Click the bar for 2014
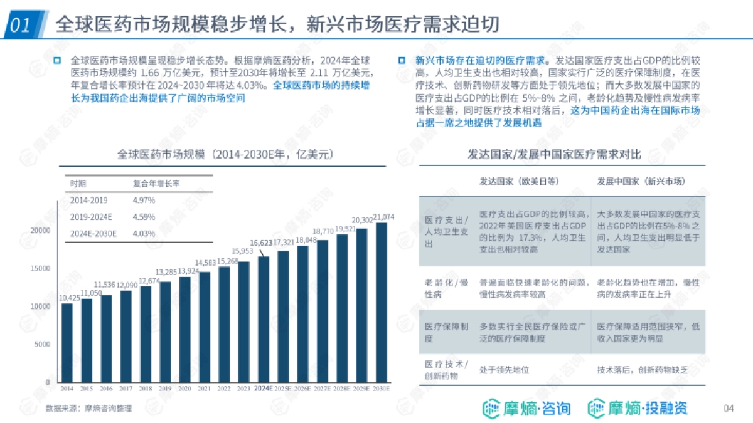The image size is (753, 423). coord(67,343)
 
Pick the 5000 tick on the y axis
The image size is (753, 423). coord(43,344)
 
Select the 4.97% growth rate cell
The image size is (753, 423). coord(144,200)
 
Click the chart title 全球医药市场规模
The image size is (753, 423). coord(223,154)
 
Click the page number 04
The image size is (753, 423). coord(729,409)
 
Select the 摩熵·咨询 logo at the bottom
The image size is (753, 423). coord(526,409)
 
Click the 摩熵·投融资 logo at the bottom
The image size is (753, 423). coord(638,409)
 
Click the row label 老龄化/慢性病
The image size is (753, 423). coord(446,288)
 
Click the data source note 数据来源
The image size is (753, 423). coord(88,409)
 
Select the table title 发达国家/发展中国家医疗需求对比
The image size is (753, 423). coord(554,154)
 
